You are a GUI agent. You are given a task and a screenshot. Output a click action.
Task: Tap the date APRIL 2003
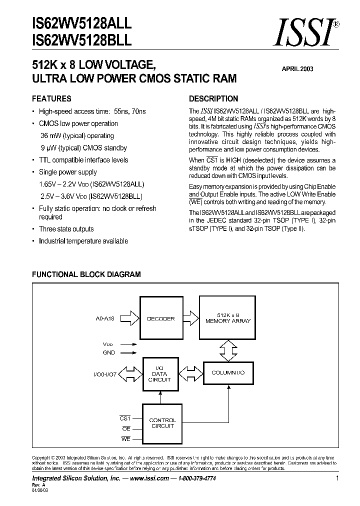coord(296,69)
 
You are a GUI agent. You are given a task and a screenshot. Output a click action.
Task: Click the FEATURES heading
coord(51,98)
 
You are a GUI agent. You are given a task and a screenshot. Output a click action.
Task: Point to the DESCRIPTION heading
coord(213,98)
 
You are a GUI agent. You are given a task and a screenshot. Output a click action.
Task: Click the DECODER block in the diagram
coord(160,318)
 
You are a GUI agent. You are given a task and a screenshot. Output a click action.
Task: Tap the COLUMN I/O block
coord(228,373)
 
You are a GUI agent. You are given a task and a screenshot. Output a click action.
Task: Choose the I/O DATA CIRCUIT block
coord(160,373)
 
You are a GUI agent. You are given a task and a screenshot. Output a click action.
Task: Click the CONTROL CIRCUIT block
coord(162,423)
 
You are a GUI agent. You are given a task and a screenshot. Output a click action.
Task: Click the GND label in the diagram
coord(108,352)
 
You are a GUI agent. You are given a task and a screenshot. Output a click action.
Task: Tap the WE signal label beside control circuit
coord(125,438)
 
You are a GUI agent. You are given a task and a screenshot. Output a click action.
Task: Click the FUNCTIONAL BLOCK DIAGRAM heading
coord(86,274)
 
